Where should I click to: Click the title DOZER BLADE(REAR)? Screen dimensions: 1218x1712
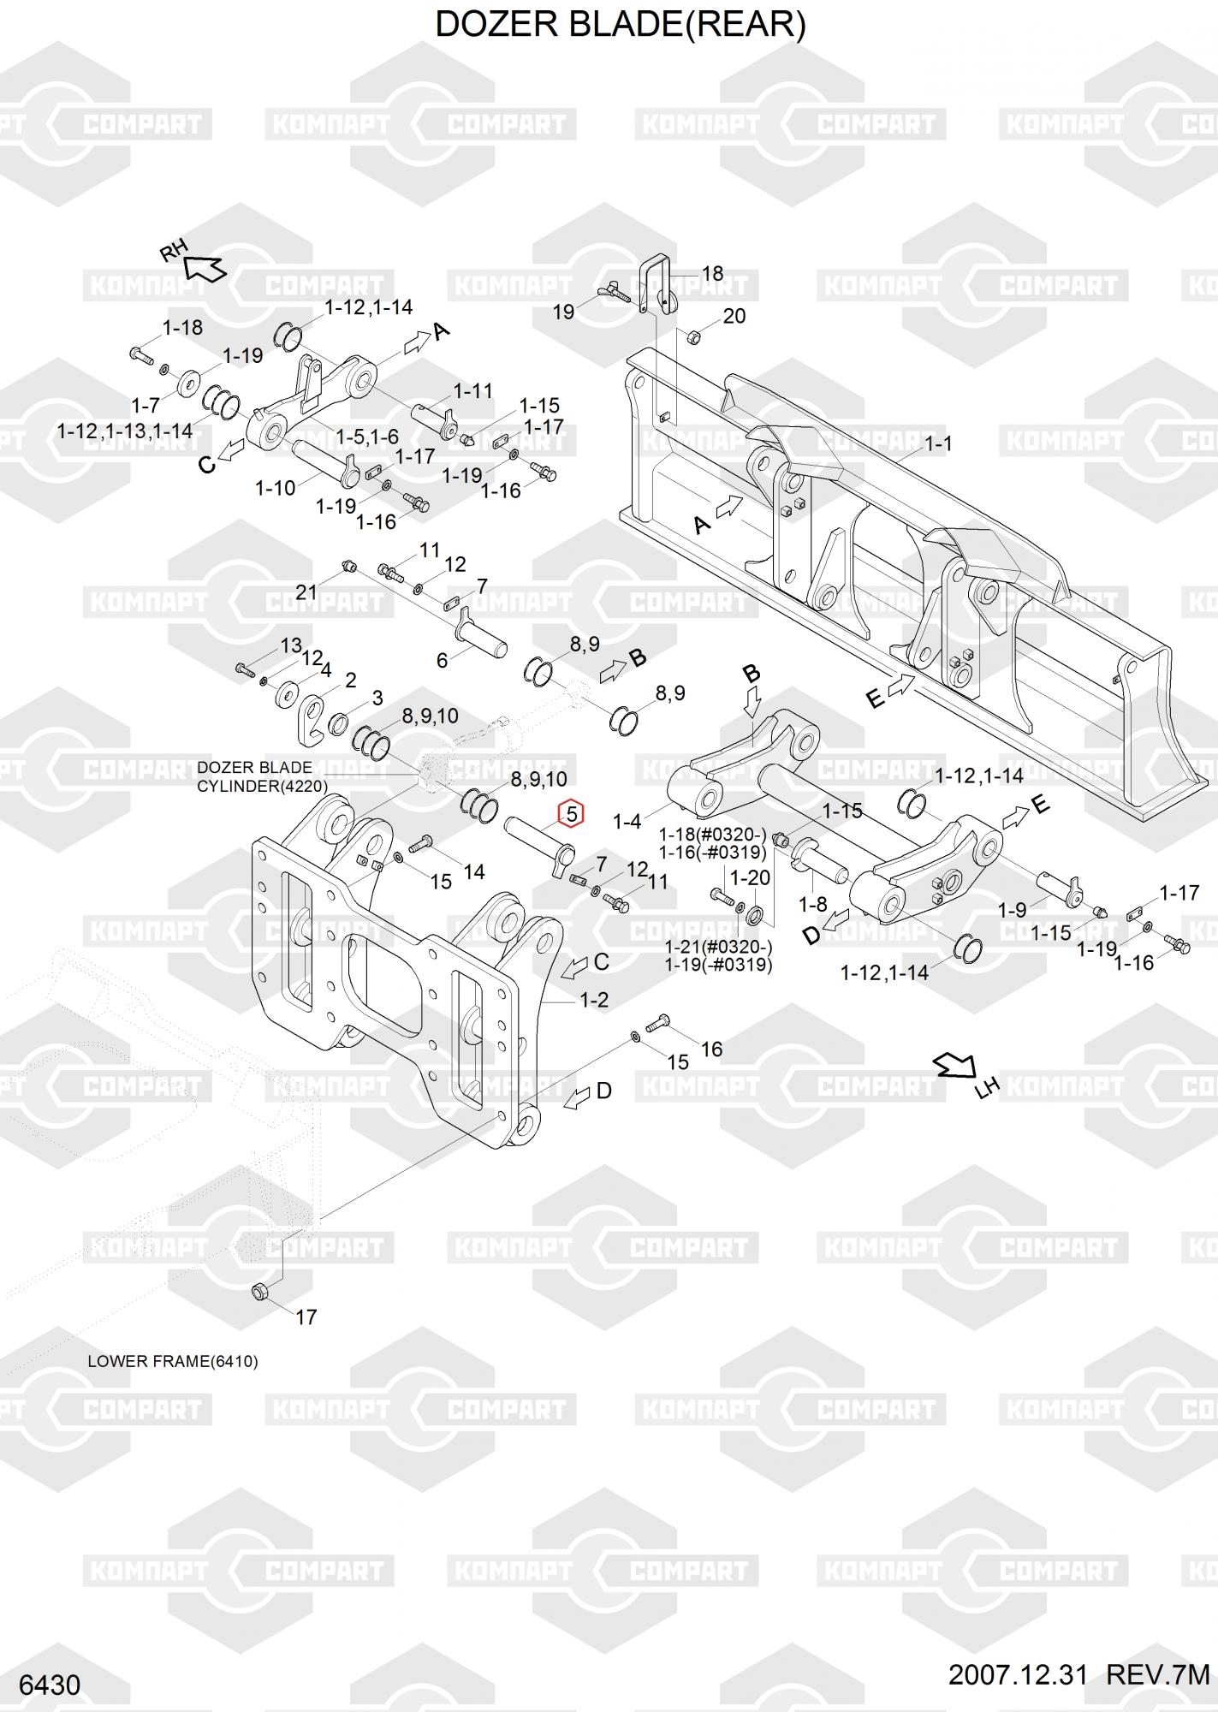(x=621, y=25)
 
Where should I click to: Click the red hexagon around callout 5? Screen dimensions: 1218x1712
(x=571, y=813)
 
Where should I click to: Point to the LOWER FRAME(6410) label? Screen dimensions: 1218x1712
(x=173, y=1361)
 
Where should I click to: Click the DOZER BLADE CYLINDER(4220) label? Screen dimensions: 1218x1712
(x=262, y=776)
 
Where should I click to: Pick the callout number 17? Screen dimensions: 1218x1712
(x=306, y=1317)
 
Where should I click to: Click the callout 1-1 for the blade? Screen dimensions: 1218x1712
(x=938, y=443)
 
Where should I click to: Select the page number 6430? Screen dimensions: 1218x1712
(x=50, y=1685)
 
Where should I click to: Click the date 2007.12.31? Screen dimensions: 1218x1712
(x=1017, y=1675)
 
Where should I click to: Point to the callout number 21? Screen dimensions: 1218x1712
(x=306, y=591)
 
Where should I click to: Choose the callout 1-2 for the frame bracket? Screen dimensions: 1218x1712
(x=594, y=999)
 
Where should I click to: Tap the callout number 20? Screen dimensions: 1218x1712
(x=734, y=316)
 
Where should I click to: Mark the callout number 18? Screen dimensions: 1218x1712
(x=712, y=274)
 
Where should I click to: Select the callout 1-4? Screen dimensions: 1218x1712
(x=627, y=822)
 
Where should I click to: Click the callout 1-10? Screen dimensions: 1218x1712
(x=275, y=489)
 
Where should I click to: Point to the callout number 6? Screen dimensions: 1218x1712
(x=442, y=660)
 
